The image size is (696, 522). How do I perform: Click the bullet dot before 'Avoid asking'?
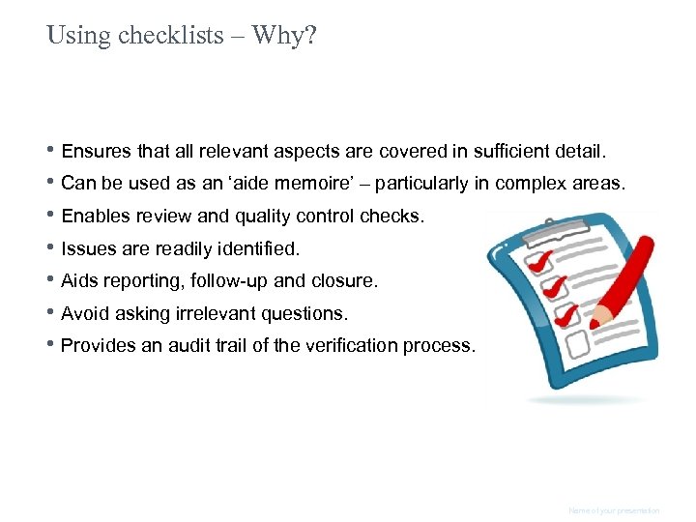point(52,313)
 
